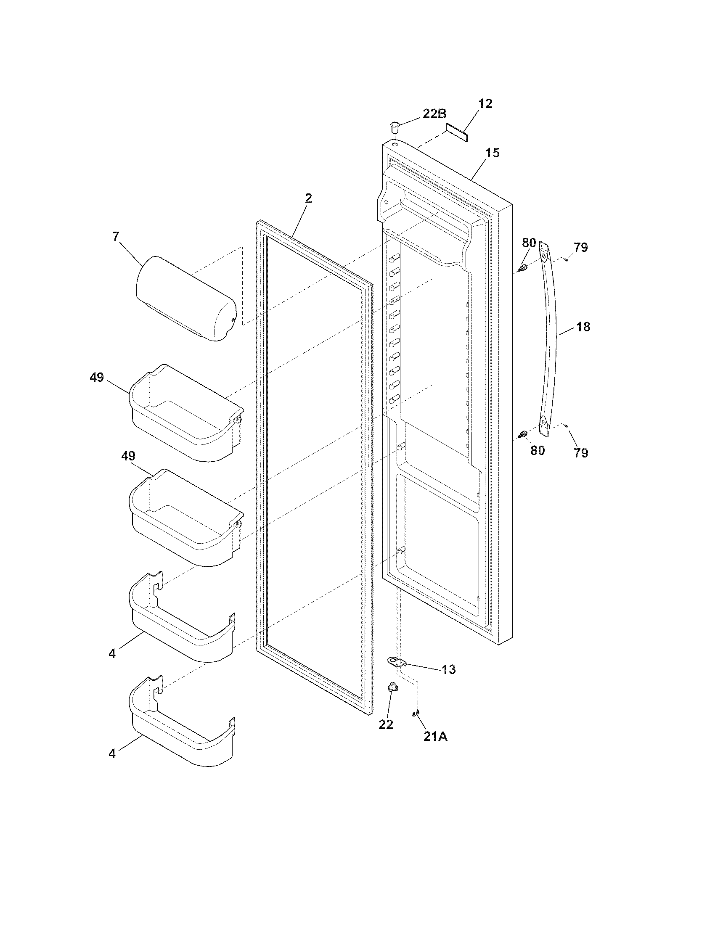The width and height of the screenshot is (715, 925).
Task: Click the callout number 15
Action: click(x=492, y=153)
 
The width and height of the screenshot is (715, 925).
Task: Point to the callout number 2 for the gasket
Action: click(x=308, y=198)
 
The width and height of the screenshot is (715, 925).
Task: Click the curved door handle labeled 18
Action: click(x=550, y=339)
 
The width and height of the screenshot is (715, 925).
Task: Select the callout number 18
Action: click(x=583, y=327)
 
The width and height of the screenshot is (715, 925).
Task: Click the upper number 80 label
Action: click(x=529, y=243)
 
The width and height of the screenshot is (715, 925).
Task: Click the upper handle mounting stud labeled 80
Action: click(x=524, y=268)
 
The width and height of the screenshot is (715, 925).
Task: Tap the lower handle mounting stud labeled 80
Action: click(x=524, y=434)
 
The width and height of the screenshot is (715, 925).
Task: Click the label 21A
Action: click(x=435, y=737)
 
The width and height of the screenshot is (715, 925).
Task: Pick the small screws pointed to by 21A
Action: click(x=416, y=714)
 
